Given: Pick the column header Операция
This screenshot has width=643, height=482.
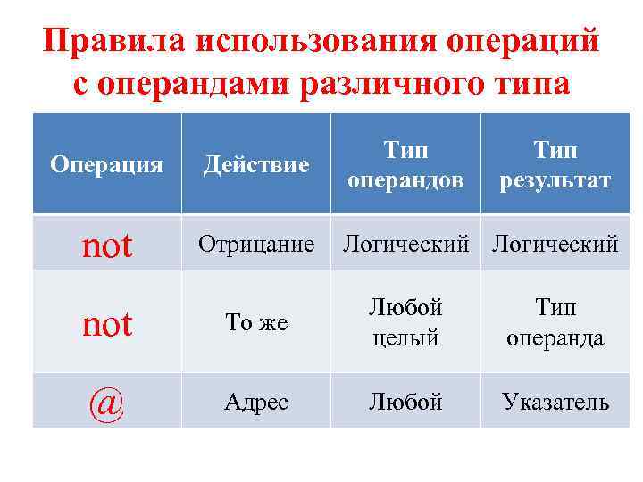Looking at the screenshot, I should [106, 164].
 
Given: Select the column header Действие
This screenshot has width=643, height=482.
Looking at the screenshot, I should [256, 164].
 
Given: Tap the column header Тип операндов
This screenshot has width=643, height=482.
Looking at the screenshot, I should [405, 164].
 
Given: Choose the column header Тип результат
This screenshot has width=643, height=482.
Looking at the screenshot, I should [555, 164].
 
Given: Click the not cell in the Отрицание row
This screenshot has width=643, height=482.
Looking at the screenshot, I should [107, 245].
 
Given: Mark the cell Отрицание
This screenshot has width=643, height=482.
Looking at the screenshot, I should [256, 243].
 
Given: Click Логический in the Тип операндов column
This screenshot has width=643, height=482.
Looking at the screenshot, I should [405, 243].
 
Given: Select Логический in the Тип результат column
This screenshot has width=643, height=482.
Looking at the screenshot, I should [555, 243].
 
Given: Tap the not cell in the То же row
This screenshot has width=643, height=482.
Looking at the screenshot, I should [107, 323].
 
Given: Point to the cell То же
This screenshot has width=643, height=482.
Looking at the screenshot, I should [256, 323].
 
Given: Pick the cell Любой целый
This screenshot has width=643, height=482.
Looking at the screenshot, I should [405, 323].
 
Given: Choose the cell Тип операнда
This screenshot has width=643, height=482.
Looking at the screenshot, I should [555, 323].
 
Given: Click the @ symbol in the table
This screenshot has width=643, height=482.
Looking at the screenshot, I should [107, 403].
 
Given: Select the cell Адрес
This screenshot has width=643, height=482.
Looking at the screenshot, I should [256, 402].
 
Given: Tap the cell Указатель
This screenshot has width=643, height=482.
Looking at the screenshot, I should [555, 402].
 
